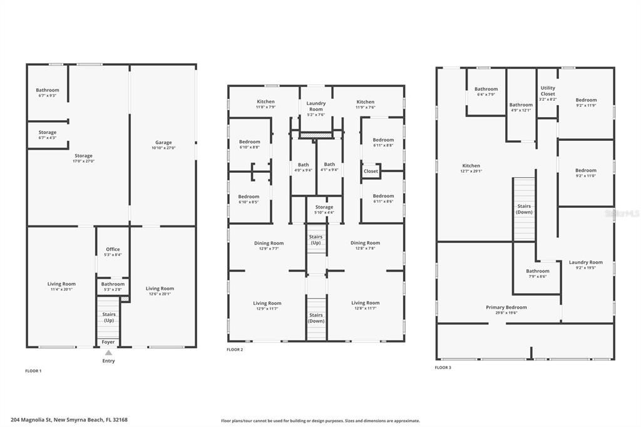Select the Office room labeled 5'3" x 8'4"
(113, 250)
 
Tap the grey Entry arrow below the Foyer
(108, 353)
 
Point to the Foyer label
(108, 342)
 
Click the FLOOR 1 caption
(33, 371)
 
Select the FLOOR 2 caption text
(235, 349)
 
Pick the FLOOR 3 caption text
(443, 368)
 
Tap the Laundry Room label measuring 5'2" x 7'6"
(316, 106)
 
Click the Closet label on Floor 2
(371, 171)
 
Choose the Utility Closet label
(548, 91)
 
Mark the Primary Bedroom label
(506, 307)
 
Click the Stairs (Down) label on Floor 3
(524, 209)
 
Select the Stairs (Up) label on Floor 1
(109, 317)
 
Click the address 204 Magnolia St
(69, 420)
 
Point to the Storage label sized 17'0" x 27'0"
(83, 156)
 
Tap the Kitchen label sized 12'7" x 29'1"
(471, 166)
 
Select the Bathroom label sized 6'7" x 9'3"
(47, 90)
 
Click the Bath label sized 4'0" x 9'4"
(303, 165)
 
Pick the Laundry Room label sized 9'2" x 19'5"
(586, 262)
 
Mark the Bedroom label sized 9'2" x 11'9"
(586, 100)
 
